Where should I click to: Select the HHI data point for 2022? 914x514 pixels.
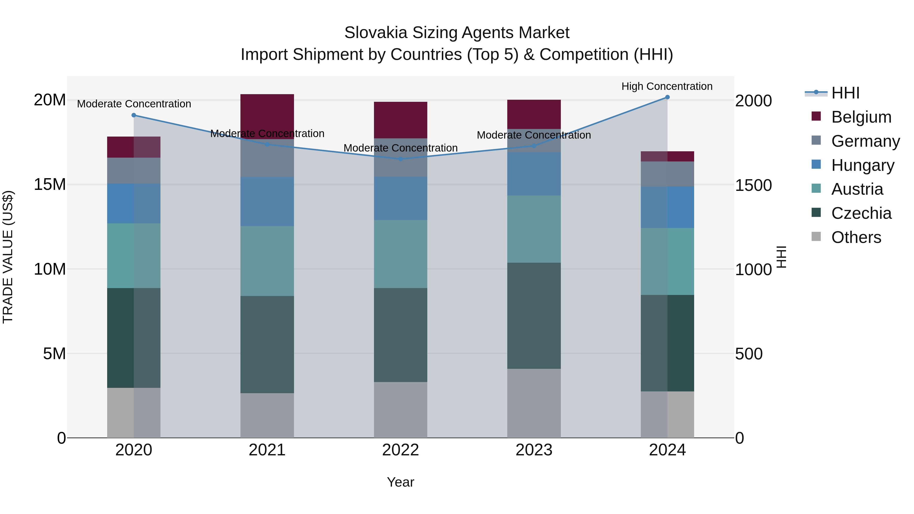401,159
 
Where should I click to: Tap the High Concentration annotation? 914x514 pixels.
667,86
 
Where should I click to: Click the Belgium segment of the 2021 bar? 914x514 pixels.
267,116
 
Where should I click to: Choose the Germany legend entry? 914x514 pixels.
865,141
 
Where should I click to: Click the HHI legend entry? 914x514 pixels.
845,93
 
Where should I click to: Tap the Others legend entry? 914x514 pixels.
856,237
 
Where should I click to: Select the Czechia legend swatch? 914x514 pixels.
816,213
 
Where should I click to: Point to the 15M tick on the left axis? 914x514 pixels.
50,185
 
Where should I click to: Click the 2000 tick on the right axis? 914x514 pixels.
753,101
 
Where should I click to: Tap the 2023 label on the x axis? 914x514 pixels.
534,450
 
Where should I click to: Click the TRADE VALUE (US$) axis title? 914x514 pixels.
8,257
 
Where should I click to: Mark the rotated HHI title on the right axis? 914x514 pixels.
781,257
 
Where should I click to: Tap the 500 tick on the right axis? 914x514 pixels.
749,354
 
